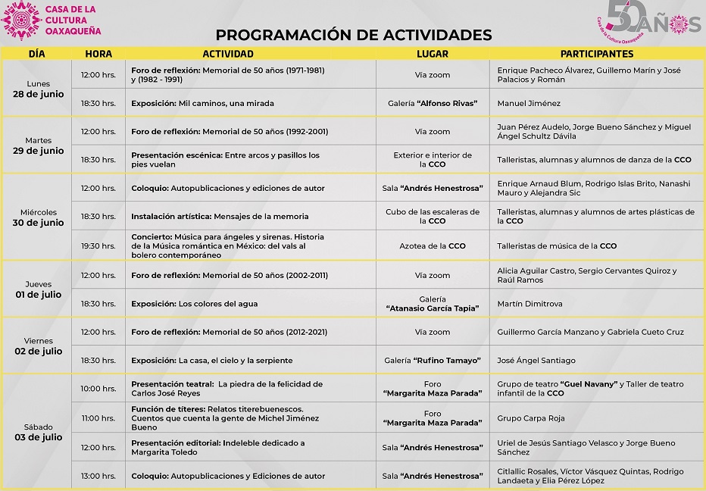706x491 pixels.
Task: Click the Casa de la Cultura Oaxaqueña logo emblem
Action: point(21,20)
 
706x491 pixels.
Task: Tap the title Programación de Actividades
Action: point(353,35)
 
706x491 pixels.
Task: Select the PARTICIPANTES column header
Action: point(597,54)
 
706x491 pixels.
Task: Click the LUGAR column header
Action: point(433,54)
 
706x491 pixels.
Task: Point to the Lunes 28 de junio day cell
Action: point(38,89)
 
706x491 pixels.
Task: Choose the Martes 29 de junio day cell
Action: point(38,145)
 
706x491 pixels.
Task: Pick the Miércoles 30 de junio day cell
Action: point(38,217)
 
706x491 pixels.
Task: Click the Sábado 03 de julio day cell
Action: point(38,432)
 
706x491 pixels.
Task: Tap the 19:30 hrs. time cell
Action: point(98,245)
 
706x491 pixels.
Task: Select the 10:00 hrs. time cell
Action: point(98,389)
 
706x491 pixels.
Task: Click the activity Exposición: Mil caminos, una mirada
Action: point(202,103)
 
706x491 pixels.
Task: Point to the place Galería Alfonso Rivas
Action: point(433,103)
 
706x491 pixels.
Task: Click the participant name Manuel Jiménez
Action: point(529,103)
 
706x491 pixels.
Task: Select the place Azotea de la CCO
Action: point(433,245)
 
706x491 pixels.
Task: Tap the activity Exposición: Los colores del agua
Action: point(194,304)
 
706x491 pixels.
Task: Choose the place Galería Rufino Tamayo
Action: point(433,360)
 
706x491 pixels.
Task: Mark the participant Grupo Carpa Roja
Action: point(531,418)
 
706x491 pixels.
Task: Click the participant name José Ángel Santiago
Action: point(536,360)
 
